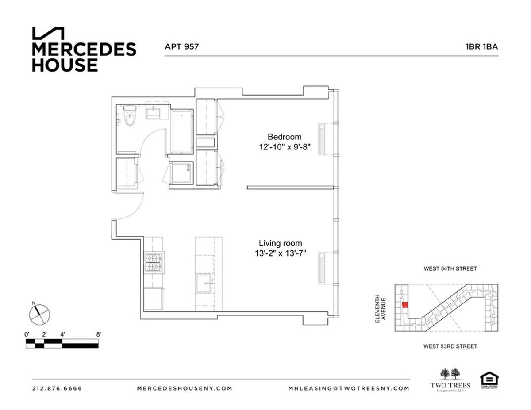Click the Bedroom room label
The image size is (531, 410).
click(x=285, y=137)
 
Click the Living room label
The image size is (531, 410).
click(x=281, y=243)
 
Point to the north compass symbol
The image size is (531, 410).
click(x=39, y=314)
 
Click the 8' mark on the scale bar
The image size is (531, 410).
click(x=98, y=334)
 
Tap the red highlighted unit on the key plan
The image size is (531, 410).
click(x=405, y=306)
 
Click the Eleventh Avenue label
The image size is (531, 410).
click(x=381, y=308)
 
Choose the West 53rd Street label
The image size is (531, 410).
click(x=450, y=346)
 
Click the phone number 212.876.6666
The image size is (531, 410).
click(x=57, y=388)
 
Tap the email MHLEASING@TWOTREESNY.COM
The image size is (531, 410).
click(x=348, y=388)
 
